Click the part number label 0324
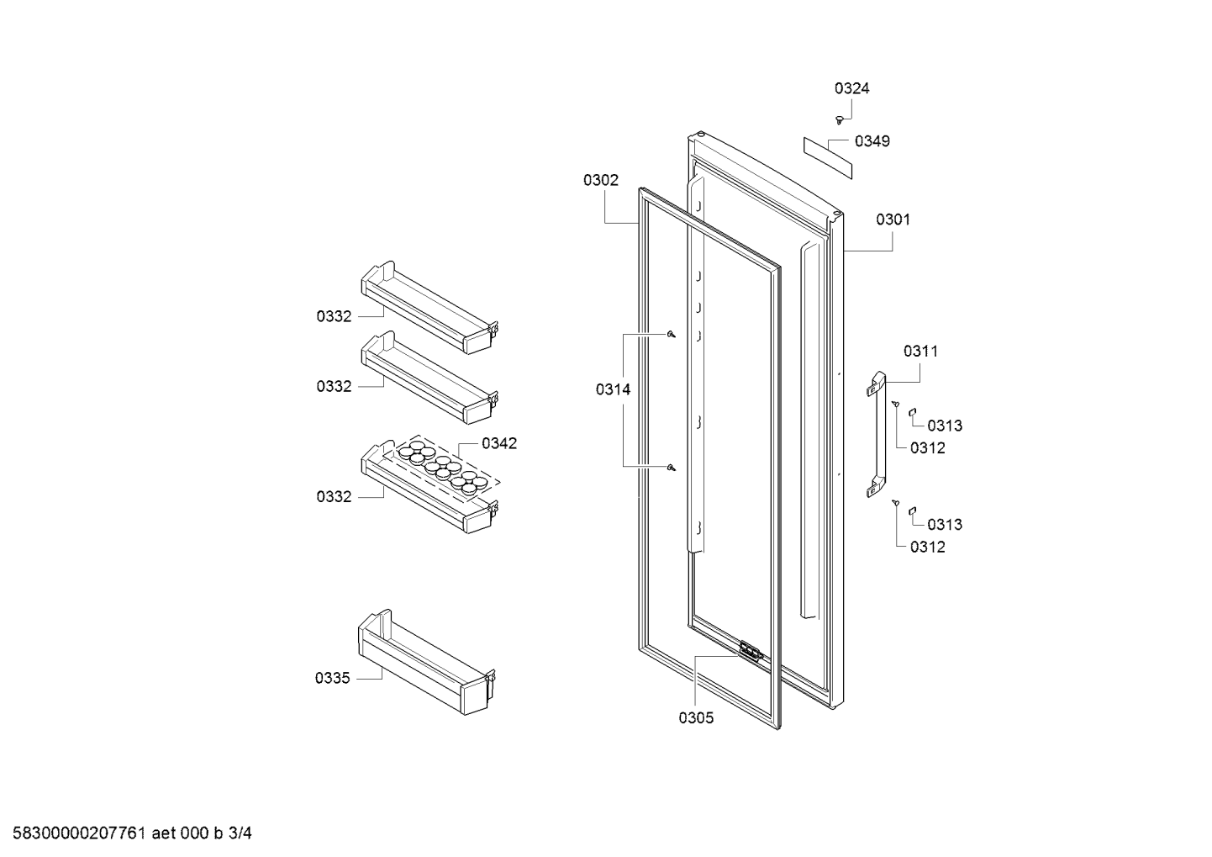(x=851, y=88)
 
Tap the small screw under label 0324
(x=839, y=120)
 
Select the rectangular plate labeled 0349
(x=827, y=157)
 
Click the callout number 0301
(x=893, y=220)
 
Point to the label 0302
(x=601, y=180)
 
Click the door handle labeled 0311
(x=876, y=434)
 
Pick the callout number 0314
(x=613, y=389)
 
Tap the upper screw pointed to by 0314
(x=672, y=335)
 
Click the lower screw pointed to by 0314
(x=672, y=468)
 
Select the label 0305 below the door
(x=696, y=718)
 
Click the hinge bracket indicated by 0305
(x=751, y=651)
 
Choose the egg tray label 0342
(x=499, y=443)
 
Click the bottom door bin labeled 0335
(x=427, y=662)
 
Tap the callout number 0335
(x=332, y=678)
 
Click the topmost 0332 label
(x=334, y=316)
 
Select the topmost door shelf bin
(x=429, y=308)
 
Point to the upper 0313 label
(x=945, y=426)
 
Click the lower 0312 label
(x=927, y=547)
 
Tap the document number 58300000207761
(x=79, y=833)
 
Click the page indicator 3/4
(x=240, y=833)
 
